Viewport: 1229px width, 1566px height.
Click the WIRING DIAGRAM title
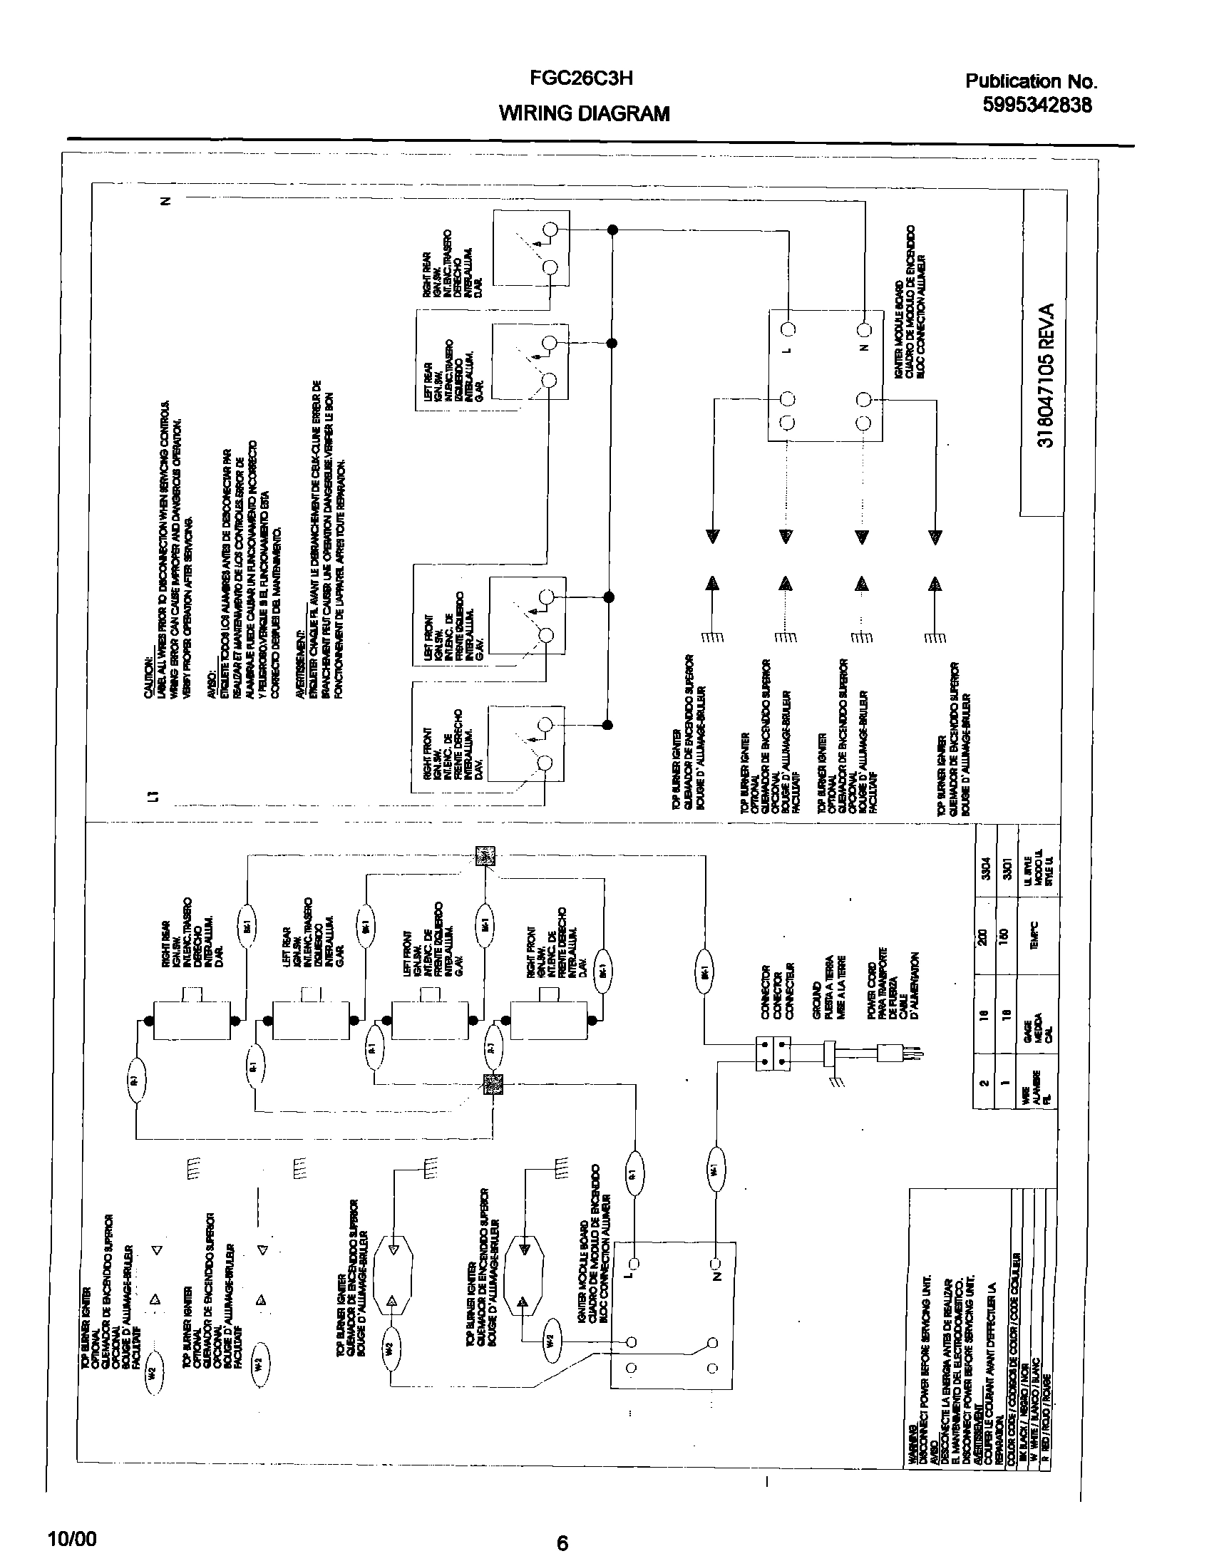[x=584, y=113]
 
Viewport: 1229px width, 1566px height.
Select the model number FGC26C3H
[x=581, y=78]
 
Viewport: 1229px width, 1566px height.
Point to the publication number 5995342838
[x=1037, y=105]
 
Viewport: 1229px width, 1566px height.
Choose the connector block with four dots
[x=773, y=1054]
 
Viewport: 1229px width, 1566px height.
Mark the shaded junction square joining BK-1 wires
[x=485, y=856]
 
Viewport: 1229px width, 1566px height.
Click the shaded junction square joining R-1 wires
[x=493, y=1084]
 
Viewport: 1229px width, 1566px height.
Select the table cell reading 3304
[x=985, y=870]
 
